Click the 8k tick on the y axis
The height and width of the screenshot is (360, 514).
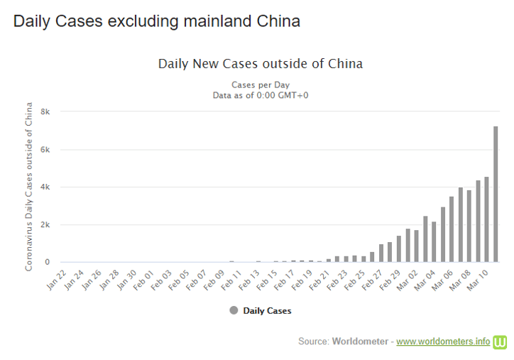click(45, 112)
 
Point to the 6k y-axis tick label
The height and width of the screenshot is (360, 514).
click(45, 150)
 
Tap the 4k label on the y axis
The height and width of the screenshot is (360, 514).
click(45, 187)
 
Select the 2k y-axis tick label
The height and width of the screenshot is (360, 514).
click(45, 225)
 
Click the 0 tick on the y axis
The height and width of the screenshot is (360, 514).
click(48, 263)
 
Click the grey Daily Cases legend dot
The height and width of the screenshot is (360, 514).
click(234, 310)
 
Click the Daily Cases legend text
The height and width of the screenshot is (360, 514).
click(267, 310)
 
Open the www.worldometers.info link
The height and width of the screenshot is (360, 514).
click(443, 342)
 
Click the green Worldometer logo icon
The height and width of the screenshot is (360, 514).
click(501, 341)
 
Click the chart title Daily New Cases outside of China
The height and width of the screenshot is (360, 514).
click(260, 64)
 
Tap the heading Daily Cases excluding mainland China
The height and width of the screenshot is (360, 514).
click(157, 21)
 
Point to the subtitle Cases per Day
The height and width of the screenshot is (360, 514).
click(260, 84)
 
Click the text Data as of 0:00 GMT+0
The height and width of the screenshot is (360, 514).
click(260, 95)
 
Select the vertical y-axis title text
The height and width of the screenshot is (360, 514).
click(29, 187)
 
